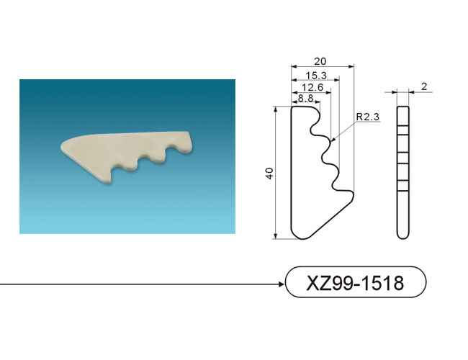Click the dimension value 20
pos(320,61)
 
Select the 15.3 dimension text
pos(316,76)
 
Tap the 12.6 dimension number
pos(312,87)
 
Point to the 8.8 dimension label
pos(305,98)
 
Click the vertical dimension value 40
pos(270,174)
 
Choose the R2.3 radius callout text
pos(368,117)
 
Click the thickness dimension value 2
pos(424,86)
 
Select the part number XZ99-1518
pos(355,283)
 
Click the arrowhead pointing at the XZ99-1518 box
pos(281,284)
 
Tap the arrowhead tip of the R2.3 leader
pos(331,140)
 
